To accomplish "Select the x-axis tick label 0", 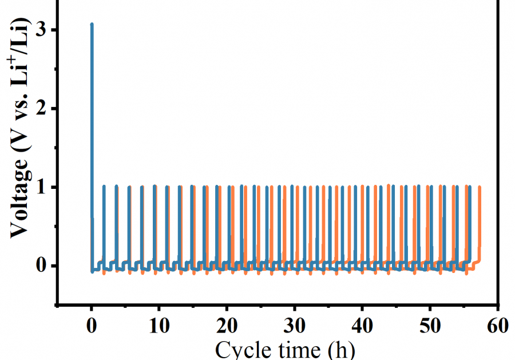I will (x=92, y=327).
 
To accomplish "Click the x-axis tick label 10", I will (x=159, y=327).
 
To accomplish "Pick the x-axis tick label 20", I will (x=227, y=327).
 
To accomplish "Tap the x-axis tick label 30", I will (x=295, y=327).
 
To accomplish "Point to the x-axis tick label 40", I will (x=362, y=327).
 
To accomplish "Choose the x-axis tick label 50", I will (x=430, y=327).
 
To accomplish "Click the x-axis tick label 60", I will (x=497, y=327).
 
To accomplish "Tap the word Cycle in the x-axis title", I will (x=241, y=349).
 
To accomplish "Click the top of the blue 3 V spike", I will (x=92, y=25).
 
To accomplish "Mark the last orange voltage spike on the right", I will (x=479, y=188).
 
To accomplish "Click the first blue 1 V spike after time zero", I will (x=104, y=187).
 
